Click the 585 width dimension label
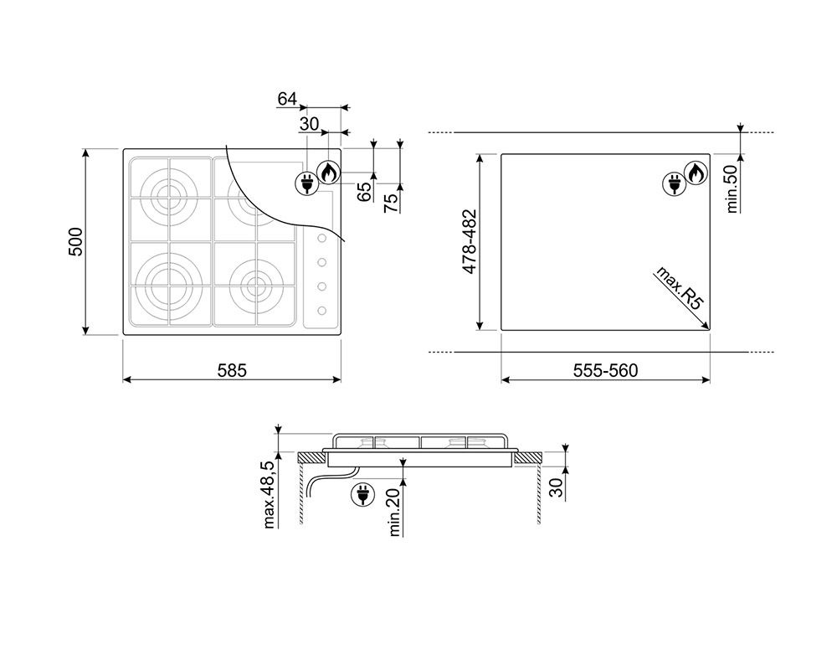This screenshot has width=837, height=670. (x=232, y=370)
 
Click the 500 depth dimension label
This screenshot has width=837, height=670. (x=76, y=241)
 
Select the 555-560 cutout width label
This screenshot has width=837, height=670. (x=605, y=370)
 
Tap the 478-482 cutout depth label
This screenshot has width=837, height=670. (x=470, y=241)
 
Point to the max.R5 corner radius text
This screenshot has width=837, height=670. (x=680, y=287)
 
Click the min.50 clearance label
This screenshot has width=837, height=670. (x=732, y=188)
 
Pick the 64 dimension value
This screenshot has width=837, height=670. (x=287, y=99)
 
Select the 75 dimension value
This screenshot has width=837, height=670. (x=391, y=203)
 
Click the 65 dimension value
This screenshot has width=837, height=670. (x=364, y=192)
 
